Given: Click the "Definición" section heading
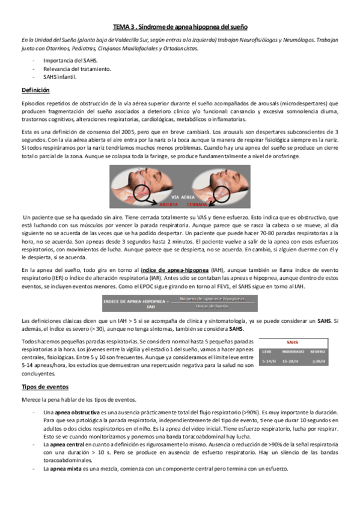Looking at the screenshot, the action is [35, 89].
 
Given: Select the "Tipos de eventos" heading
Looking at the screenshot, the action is [44, 387].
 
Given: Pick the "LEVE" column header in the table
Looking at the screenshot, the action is [269, 351].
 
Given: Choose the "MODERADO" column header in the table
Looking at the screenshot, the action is [293, 351].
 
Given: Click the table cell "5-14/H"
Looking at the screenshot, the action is [269, 361].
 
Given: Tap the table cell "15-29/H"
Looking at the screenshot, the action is [293, 361].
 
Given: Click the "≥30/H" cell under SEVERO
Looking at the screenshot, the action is [318, 361].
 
